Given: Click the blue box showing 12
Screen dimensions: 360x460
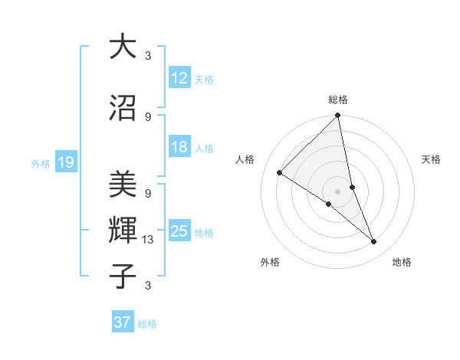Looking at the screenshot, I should [x=179, y=77].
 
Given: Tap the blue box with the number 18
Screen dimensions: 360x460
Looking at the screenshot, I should [x=179, y=147].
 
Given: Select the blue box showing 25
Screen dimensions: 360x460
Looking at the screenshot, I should [x=179, y=231].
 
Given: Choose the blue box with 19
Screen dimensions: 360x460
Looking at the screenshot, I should [x=65, y=162].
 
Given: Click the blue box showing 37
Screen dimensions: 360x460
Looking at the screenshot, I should [x=123, y=322].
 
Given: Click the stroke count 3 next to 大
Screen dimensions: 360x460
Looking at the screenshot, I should [x=148, y=56].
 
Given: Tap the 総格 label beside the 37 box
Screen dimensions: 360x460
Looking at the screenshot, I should [x=147, y=324].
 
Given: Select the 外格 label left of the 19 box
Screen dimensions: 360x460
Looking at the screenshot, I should [x=40, y=163].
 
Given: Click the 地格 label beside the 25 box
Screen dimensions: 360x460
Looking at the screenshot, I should [x=204, y=233].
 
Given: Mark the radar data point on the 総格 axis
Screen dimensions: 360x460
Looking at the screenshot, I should [x=337, y=116].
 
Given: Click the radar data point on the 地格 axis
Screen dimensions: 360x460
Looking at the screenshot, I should [x=374, y=242].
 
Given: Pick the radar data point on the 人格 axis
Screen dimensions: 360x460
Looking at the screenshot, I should [x=280, y=173].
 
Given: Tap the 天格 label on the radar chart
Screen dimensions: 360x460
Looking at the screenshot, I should [x=432, y=159].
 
